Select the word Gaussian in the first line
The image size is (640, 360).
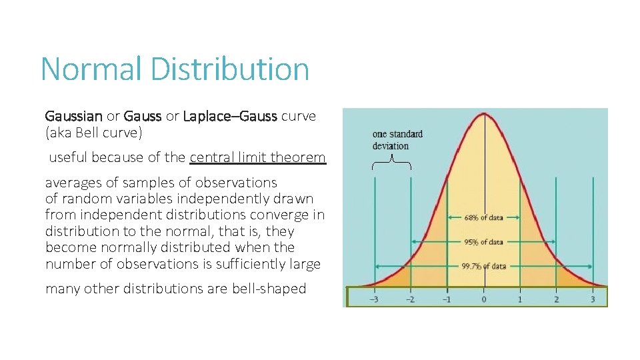click(x=73, y=117)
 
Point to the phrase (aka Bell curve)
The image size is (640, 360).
click(x=94, y=133)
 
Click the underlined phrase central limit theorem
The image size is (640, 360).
click(x=257, y=158)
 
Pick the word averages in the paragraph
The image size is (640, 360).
click(x=71, y=183)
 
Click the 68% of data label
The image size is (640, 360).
click(x=484, y=217)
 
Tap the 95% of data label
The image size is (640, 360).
click(x=484, y=242)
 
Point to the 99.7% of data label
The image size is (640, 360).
click(x=484, y=266)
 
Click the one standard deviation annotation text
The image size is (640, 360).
click(x=397, y=140)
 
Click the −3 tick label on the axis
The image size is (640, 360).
click(x=375, y=299)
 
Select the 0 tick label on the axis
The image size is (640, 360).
click(x=484, y=299)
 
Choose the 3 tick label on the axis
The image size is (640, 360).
click(x=592, y=299)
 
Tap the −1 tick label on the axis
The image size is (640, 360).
click(x=447, y=299)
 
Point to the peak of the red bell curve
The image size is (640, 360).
click(x=484, y=114)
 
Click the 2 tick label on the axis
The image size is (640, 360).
click(x=556, y=299)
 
